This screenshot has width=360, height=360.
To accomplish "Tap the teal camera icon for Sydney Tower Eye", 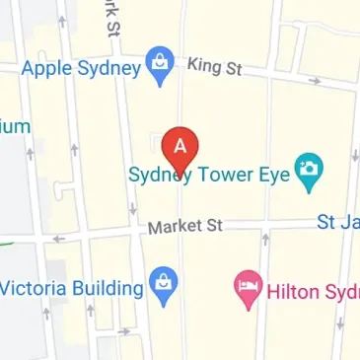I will [312, 175].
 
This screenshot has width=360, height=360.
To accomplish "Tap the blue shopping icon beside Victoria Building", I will [163, 288].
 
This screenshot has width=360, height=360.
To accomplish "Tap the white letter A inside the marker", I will [180, 142].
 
